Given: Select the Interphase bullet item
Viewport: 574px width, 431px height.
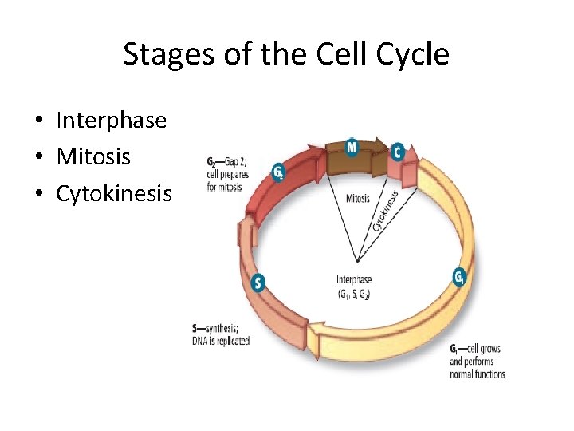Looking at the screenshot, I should pos(111,121).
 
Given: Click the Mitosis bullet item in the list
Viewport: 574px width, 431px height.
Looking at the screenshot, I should pos(93,157).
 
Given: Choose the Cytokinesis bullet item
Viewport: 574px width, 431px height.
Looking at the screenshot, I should pos(114,194).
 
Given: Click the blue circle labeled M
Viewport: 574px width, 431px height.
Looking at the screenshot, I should pos(352,147).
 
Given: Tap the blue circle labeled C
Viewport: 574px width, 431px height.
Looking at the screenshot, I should pos(398,152).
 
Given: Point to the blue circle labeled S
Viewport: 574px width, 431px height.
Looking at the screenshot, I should pos(258,282).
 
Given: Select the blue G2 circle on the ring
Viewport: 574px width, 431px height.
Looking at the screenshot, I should pos(278,171).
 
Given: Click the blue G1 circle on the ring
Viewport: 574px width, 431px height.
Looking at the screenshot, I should pos(459,277).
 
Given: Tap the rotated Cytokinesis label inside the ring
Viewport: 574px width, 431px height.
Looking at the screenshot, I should pos(387,206).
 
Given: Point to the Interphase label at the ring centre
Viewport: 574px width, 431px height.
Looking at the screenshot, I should pos(354,280).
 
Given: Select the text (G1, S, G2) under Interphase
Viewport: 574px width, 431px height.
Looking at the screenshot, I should pos(354,294).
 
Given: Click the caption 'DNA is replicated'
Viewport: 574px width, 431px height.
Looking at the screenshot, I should pos(221,341).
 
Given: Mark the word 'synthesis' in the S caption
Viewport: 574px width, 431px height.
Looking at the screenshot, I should pos(224,329).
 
